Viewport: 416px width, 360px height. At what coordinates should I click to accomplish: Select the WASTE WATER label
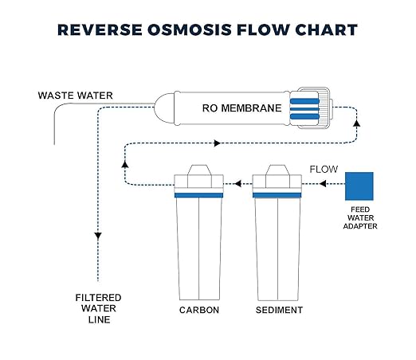click(76, 96)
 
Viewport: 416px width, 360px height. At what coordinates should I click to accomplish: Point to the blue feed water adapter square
click(359, 186)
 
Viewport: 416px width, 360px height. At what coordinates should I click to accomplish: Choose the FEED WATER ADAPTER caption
click(360, 217)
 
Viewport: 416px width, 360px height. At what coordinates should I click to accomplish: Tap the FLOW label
click(325, 169)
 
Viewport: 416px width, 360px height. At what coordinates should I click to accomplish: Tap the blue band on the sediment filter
click(277, 194)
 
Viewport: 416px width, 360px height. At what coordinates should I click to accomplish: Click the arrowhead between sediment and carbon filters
click(237, 184)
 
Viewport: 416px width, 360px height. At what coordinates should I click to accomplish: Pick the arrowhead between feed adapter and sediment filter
click(323, 184)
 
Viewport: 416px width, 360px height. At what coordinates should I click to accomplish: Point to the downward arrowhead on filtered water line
click(97, 236)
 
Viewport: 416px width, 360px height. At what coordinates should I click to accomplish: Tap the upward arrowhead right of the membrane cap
click(355, 124)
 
